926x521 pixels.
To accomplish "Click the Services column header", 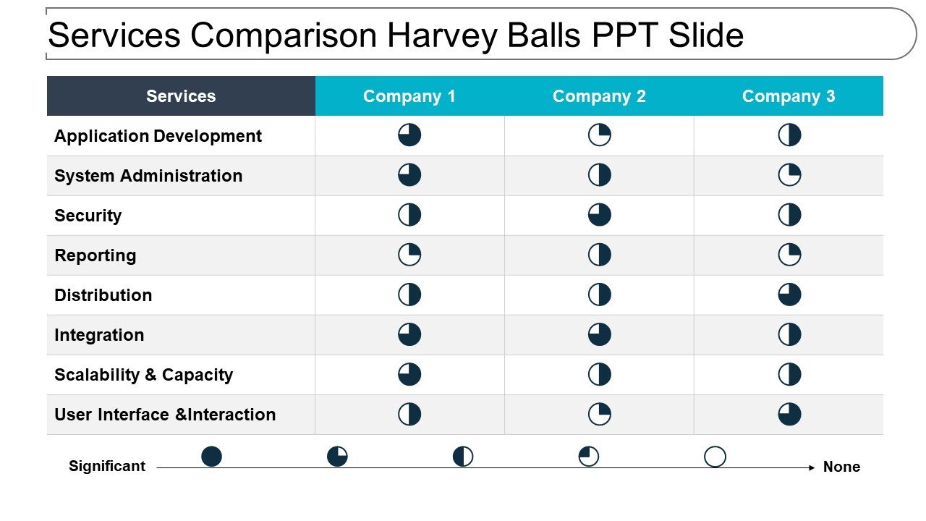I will (181, 96).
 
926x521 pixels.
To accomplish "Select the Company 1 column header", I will (409, 96).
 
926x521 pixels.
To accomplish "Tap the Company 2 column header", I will (599, 96).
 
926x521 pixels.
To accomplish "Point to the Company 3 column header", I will (789, 96).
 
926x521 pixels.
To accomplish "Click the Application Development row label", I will (158, 136).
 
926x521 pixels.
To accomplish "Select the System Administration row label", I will (148, 176).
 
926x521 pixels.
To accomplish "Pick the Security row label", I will (88, 216).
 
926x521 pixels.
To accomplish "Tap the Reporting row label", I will (95, 255).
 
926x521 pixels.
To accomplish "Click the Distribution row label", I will (103, 295).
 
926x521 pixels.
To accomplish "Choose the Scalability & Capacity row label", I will (144, 375).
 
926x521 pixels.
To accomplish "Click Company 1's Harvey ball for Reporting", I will (409, 255).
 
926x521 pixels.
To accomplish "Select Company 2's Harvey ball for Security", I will (599, 215).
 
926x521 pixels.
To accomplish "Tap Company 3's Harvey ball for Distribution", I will (789, 295).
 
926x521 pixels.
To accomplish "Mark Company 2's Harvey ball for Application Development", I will (599, 135).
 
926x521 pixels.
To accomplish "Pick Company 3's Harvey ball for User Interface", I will (789, 414).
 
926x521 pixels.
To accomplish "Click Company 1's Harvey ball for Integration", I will (409, 334).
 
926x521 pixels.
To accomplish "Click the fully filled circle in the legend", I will (211, 456).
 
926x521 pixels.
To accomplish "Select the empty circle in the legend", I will (715, 457).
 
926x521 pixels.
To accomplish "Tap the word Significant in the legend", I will (107, 466).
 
